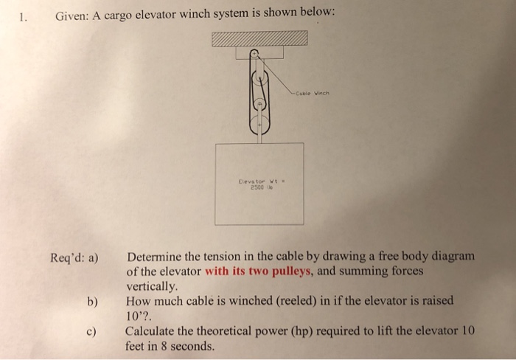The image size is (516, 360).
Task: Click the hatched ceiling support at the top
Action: click(x=259, y=39)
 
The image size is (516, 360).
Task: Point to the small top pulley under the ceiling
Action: click(x=253, y=54)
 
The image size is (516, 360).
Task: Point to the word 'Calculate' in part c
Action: click(x=151, y=331)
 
